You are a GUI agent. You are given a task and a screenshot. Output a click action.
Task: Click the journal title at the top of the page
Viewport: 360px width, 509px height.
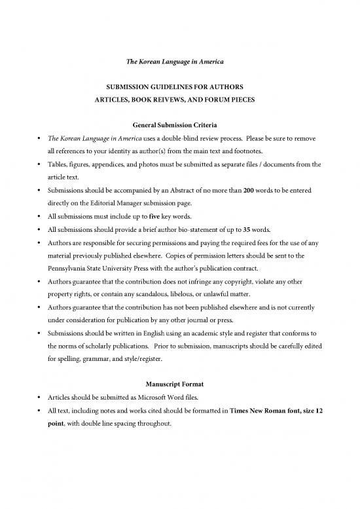click(x=180, y=61)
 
